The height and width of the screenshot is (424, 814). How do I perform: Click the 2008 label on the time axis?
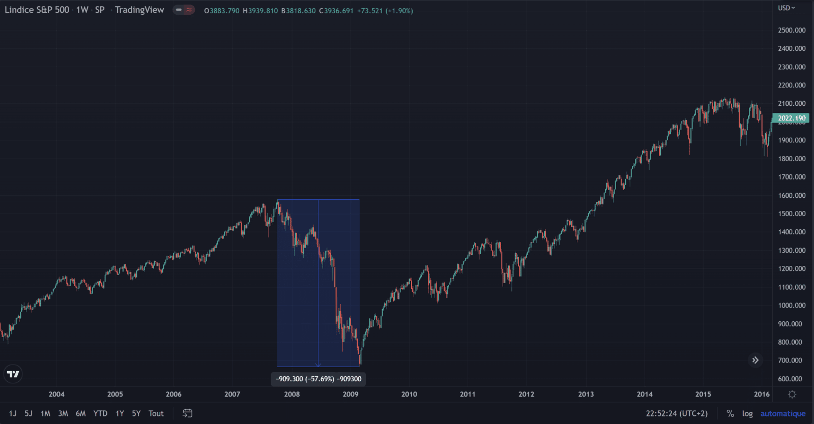tap(292, 394)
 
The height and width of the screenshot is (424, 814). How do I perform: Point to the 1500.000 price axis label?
tap(792, 214)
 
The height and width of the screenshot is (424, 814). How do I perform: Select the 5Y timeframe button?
tap(136, 413)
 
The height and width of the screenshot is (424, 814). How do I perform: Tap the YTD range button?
tap(100, 413)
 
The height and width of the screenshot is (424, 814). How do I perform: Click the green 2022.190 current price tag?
tap(791, 118)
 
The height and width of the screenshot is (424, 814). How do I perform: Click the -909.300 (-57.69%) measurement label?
tap(318, 379)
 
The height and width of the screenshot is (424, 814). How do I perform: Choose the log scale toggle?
tap(747, 413)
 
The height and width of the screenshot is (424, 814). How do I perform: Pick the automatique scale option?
tap(782, 413)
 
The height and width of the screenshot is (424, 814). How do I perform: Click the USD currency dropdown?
tap(786, 8)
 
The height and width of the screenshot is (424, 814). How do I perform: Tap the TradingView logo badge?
tap(13, 374)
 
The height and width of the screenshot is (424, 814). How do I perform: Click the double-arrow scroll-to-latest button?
tap(755, 360)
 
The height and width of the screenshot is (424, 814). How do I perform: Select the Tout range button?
tap(156, 413)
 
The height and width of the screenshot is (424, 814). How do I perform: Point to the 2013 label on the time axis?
tap(586, 394)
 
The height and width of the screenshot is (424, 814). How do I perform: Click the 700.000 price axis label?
tap(790, 360)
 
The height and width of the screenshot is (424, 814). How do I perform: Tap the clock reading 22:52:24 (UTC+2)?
tap(677, 413)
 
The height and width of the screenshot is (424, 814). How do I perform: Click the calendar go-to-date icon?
tap(188, 413)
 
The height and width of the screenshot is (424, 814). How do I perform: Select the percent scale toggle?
tap(730, 413)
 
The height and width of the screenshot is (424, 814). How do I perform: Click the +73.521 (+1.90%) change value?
tap(385, 11)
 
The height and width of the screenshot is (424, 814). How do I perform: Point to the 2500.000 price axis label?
tap(792, 30)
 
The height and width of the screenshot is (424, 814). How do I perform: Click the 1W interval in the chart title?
tap(82, 10)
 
